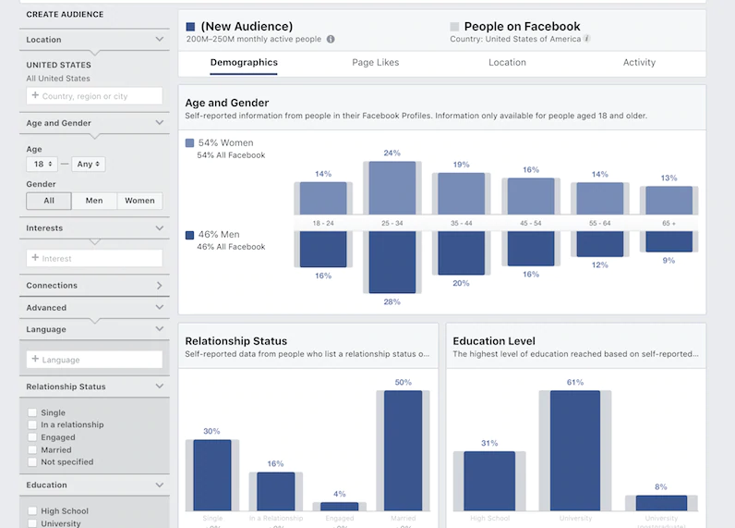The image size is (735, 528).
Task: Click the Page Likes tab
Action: [375, 63]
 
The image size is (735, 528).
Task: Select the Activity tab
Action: [639, 63]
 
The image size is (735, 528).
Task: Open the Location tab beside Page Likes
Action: [507, 63]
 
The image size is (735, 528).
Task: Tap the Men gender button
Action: [94, 201]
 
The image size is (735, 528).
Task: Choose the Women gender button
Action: [139, 201]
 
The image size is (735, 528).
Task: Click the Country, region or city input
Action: [94, 96]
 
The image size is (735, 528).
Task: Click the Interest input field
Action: [94, 258]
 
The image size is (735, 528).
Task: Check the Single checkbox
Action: [33, 413]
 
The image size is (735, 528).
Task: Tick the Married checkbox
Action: [33, 449]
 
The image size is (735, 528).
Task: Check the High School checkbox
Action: [33, 511]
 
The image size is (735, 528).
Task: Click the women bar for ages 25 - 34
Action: [392, 189]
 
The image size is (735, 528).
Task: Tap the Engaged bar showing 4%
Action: [339, 506]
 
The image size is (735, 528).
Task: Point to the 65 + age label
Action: [669, 224]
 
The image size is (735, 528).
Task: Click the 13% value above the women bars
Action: [669, 178]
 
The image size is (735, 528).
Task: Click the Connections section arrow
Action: [160, 286]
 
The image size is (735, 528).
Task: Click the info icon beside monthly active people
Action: [331, 40]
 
